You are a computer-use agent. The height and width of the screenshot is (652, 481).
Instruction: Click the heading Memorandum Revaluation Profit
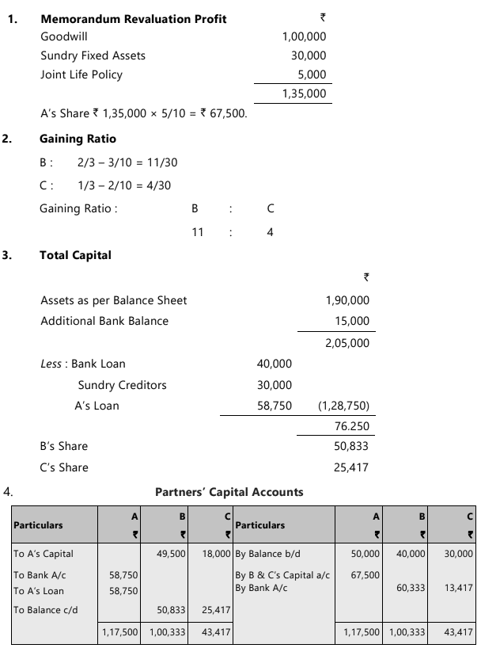(133, 18)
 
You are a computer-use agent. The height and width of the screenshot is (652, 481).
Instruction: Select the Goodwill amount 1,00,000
(304, 36)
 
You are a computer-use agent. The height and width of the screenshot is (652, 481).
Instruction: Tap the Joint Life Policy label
(81, 74)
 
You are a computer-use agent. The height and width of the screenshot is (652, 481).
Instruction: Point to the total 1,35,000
(304, 93)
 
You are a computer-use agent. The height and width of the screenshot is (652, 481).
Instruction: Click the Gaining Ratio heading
(72, 139)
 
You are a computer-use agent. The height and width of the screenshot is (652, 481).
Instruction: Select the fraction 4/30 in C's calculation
(157, 185)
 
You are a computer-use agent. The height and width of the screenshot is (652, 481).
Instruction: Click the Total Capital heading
(75, 255)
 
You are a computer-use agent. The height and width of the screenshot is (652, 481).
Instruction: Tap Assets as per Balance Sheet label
(114, 300)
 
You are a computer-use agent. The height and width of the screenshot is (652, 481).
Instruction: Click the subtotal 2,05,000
(347, 343)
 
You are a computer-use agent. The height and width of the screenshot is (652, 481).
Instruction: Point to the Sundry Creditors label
(122, 385)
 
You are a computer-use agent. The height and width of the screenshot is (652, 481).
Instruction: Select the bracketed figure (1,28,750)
(343, 406)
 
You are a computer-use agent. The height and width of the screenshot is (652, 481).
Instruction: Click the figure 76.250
(352, 425)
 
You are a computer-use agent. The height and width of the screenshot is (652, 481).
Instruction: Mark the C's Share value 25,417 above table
(352, 467)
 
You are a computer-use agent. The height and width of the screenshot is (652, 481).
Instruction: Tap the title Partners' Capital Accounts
(229, 492)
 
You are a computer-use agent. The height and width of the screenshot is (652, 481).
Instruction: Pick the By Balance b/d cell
(264, 555)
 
